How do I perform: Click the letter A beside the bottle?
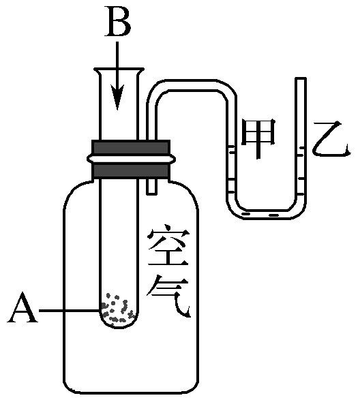pos(23,312)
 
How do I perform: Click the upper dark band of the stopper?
pos(130,147)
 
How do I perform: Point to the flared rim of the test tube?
pos(119,70)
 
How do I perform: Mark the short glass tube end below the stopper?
pos(151,187)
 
